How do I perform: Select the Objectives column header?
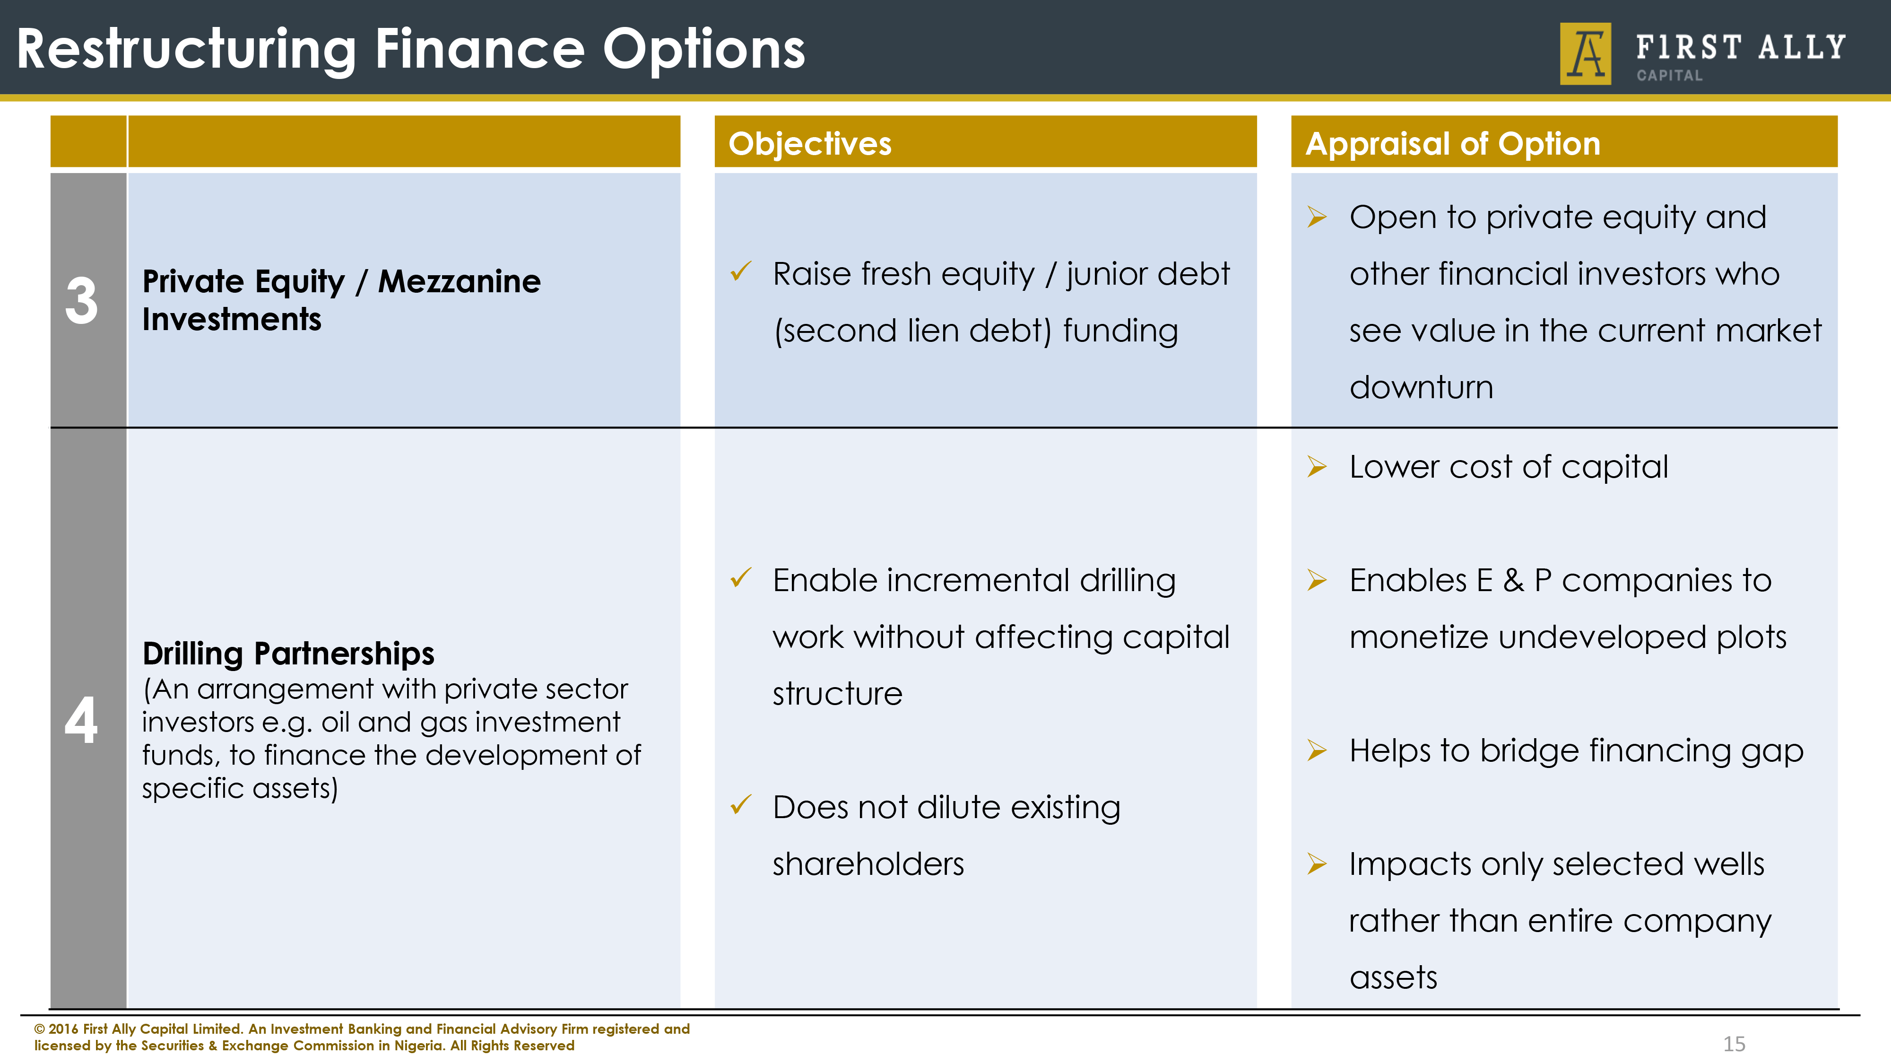click(x=810, y=143)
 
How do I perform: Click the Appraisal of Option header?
click(x=1453, y=143)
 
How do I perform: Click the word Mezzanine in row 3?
click(x=459, y=281)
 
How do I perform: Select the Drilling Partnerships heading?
click(x=288, y=654)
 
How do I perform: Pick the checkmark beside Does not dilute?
click(x=741, y=805)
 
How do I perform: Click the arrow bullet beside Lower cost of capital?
click(x=1317, y=467)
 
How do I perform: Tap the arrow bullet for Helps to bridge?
click(x=1317, y=750)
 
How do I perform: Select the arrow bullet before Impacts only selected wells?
click(x=1317, y=864)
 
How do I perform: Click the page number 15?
click(x=1734, y=1044)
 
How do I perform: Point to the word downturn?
click(x=1421, y=387)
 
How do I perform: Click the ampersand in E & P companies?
click(x=1513, y=581)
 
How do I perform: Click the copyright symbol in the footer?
click(x=40, y=1029)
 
